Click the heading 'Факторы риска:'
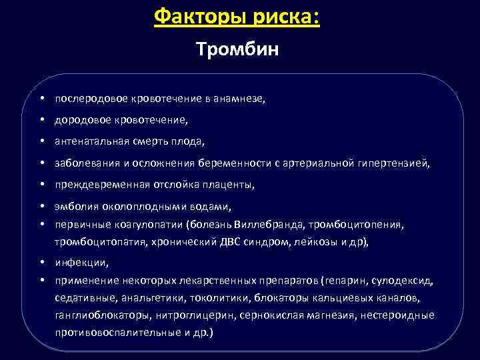click(x=237, y=16)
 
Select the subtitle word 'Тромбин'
click(x=237, y=50)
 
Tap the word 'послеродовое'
click(x=85, y=99)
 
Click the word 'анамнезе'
click(x=241, y=99)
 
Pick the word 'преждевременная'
click(x=95, y=184)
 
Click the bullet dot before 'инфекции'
click(x=41, y=263)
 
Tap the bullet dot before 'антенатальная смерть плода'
click(x=41, y=141)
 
